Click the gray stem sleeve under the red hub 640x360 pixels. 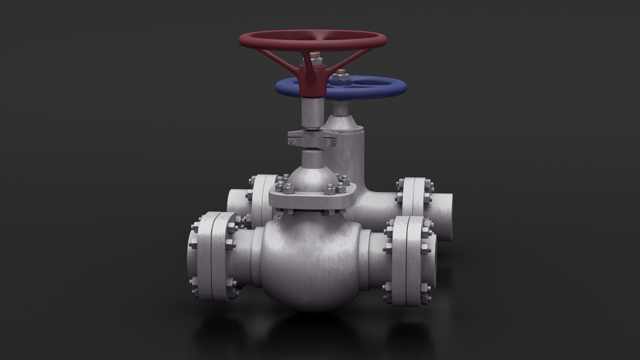[x=312, y=113]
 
